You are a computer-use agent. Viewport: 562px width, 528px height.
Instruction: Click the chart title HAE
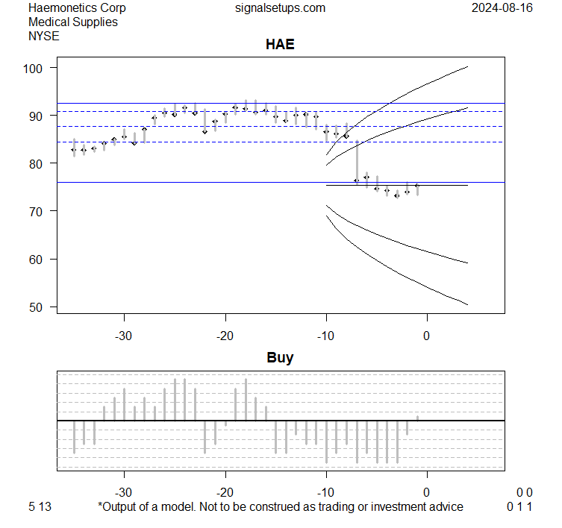tap(280, 45)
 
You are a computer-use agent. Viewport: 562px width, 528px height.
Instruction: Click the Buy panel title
tap(280, 358)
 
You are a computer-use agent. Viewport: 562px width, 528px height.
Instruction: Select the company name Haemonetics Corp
tap(77, 8)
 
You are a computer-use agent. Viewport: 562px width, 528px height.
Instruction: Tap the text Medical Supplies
tap(72, 22)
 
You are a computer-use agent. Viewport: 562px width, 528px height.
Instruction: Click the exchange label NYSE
tap(44, 35)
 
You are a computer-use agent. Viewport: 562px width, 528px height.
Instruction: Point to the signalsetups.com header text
tap(280, 8)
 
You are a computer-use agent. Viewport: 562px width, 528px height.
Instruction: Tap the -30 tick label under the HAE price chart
tap(124, 336)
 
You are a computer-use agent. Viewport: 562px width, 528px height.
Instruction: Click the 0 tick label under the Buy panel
tap(426, 492)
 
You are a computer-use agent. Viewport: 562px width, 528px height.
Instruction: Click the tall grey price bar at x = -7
tap(356, 160)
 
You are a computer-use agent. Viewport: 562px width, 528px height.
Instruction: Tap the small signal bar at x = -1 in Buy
tap(416, 418)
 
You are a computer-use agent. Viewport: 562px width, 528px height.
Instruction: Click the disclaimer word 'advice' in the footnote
tap(446, 507)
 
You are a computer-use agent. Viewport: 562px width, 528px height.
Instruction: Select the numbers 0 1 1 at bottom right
tap(519, 507)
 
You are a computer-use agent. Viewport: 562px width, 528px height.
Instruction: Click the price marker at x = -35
tap(74, 150)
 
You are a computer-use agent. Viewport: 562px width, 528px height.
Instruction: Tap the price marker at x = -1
tap(416, 185)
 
